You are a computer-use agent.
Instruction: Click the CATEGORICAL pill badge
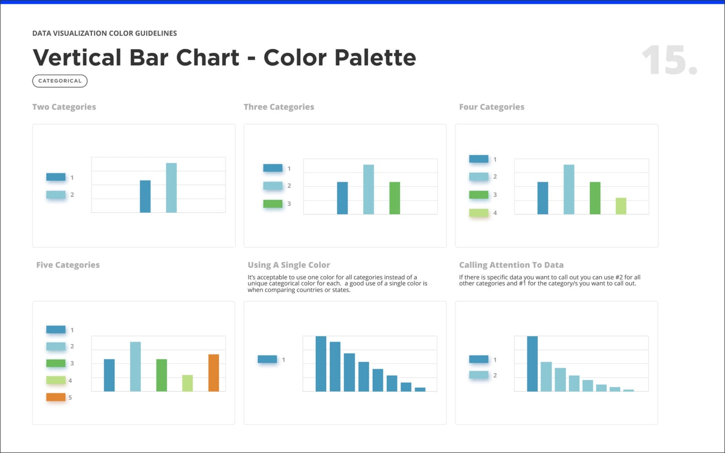click(x=60, y=81)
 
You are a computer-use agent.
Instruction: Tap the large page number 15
click(x=669, y=60)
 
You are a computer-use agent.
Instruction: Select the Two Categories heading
click(x=64, y=107)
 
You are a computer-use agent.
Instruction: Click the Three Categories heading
click(x=279, y=107)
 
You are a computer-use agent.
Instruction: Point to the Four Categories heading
click(x=491, y=107)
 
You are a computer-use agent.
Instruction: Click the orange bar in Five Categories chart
click(x=213, y=372)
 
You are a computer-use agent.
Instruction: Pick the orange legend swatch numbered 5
click(x=56, y=397)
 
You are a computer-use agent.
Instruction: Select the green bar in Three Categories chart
click(x=395, y=198)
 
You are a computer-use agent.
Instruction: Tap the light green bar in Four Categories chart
click(x=621, y=206)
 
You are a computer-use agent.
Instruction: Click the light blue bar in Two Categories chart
click(x=171, y=188)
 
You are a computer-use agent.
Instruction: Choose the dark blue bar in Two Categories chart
click(x=145, y=196)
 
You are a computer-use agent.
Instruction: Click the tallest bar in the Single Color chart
click(x=321, y=364)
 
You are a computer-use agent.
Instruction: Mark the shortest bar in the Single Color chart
click(x=420, y=389)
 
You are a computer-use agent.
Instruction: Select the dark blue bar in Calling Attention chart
click(x=532, y=364)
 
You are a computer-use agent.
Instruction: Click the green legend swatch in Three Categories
click(x=273, y=204)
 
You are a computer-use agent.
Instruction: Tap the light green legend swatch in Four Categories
click(x=478, y=213)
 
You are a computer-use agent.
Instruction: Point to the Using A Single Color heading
click(x=289, y=265)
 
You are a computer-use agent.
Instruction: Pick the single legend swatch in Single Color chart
click(x=267, y=359)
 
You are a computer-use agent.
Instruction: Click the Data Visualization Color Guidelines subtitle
click(x=104, y=33)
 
